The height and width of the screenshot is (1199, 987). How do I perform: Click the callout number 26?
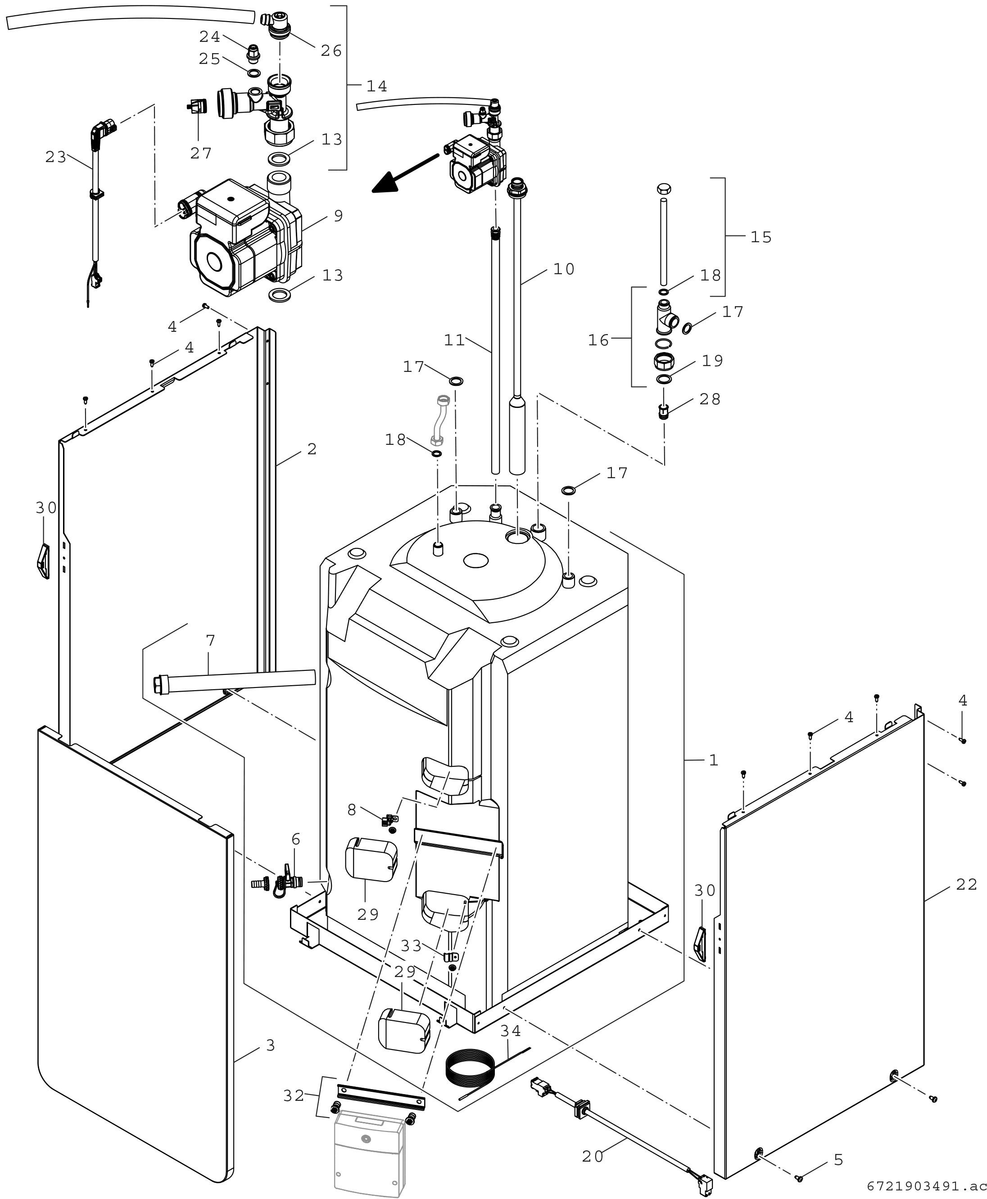pyautogui.click(x=331, y=51)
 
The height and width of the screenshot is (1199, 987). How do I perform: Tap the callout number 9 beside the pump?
pyautogui.click(x=338, y=216)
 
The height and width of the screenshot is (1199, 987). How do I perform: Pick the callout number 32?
pyautogui.click(x=294, y=1095)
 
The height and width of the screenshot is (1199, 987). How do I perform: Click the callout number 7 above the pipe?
pyautogui.click(x=210, y=641)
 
